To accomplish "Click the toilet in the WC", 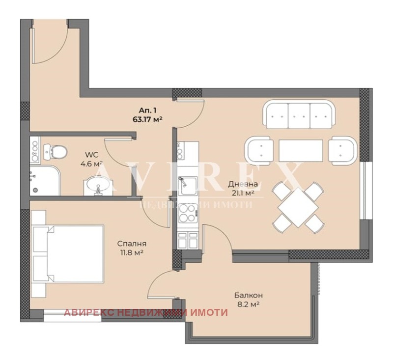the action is click(55, 152).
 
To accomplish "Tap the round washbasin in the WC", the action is click(98, 185).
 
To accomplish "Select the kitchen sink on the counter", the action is click(188, 185).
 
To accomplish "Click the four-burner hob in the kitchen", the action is click(188, 213).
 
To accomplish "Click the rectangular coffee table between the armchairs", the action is click(301, 151).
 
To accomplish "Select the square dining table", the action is click(298, 208).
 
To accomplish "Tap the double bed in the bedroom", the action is click(68, 253).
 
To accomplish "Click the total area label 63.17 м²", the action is click(148, 119).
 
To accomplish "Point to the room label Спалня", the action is click(132, 244).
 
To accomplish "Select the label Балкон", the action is click(249, 295).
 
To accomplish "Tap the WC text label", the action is click(91, 154).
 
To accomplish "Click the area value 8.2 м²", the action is click(248, 305).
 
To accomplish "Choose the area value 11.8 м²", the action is click(131, 252).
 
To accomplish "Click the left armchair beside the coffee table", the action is click(259, 151).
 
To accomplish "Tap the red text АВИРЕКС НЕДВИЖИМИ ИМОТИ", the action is click(145, 312).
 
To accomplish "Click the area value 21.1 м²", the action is click(243, 193).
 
